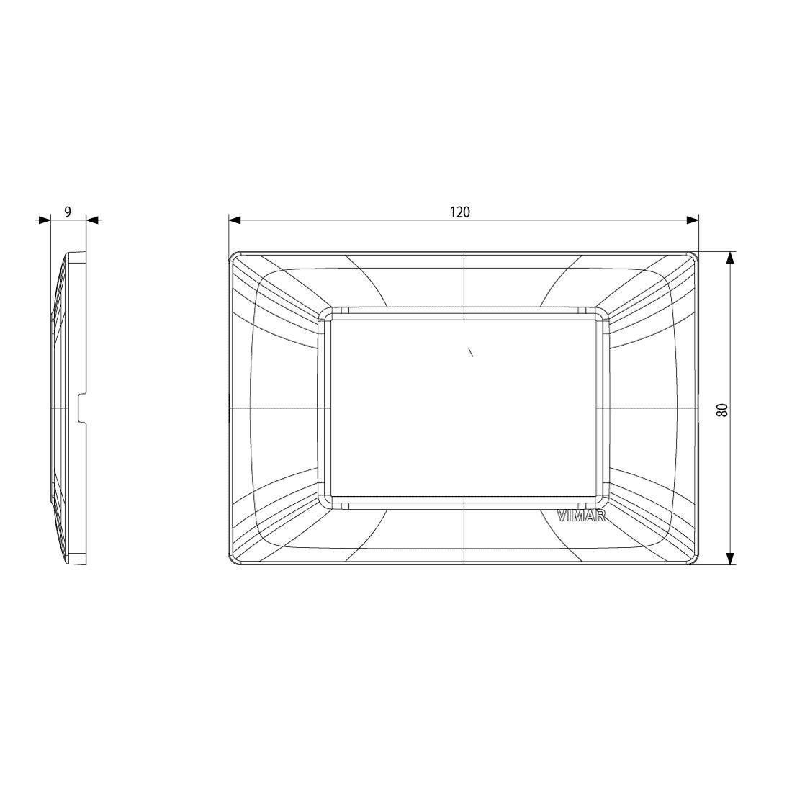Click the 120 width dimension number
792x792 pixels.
coord(459,212)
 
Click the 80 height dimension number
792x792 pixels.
coord(723,409)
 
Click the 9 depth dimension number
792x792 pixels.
coord(68,212)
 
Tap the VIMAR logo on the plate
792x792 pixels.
coord(581,516)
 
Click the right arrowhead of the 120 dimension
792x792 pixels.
coord(692,220)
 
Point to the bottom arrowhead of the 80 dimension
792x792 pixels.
coord(729,557)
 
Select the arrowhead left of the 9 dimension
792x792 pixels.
coord(45,220)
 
